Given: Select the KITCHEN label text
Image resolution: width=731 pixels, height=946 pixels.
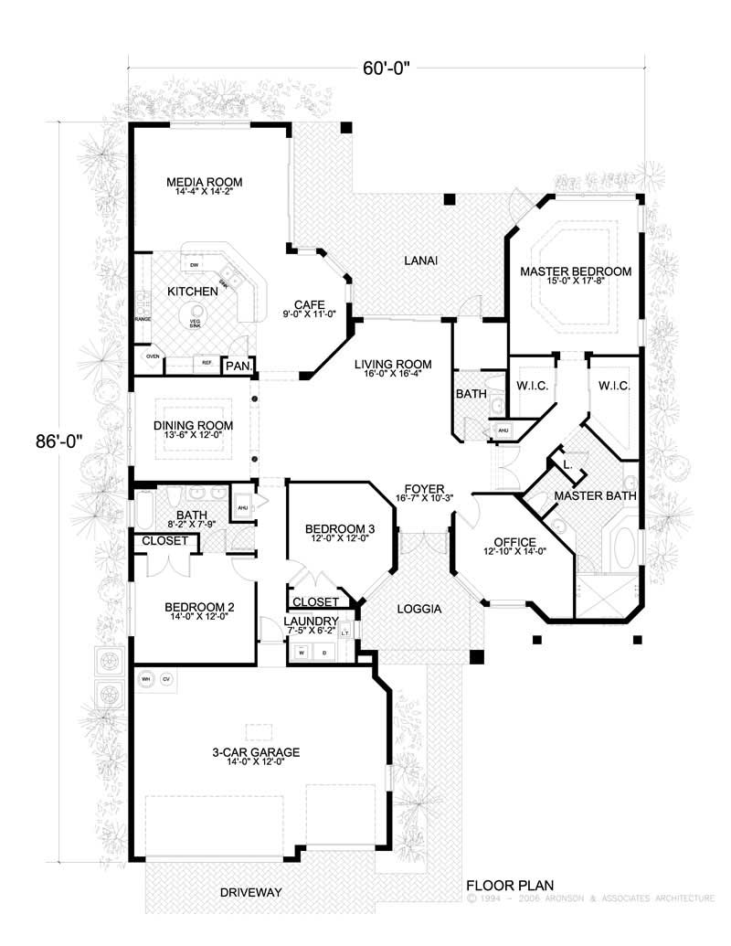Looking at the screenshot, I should tap(192, 292).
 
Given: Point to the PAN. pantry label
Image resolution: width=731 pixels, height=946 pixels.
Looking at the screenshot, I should tap(238, 366).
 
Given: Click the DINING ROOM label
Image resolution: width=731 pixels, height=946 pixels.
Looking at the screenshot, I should tap(193, 425).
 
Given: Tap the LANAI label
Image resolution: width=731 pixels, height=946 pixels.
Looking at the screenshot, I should tap(420, 261).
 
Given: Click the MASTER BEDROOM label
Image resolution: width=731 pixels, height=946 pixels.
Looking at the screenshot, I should tap(576, 271).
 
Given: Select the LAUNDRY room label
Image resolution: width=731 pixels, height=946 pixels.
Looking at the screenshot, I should tap(310, 621).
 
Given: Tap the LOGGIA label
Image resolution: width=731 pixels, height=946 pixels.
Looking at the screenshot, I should tap(419, 608).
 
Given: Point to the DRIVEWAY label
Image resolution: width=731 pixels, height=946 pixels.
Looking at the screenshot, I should tap(249, 891).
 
